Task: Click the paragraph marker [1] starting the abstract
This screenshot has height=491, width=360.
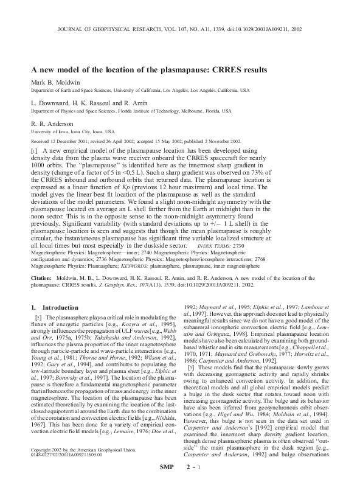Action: click(35, 150)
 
